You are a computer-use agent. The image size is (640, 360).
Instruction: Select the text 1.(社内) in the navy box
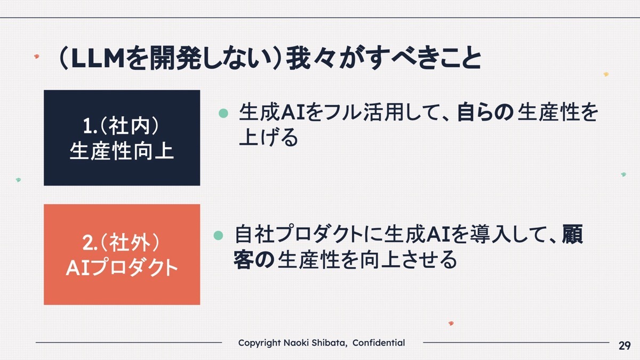pyautogui.click(x=121, y=126)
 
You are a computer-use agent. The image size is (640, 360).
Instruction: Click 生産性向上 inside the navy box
pyautogui.click(x=122, y=151)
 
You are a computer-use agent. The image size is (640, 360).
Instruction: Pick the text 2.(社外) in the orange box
pyautogui.click(x=121, y=243)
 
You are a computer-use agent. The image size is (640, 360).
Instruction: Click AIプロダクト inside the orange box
pyautogui.click(x=122, y=268)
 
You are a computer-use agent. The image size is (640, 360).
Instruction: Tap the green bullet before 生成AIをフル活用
pyautogui.click(x=223, y=113)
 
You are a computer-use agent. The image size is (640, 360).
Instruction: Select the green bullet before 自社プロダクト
pyautogui.click(x=218, y=235)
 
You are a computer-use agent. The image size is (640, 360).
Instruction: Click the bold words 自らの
pyautogui.click(x=485, y=112)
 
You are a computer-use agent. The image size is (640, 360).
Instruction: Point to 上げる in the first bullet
pyautogui.click(x=269, y=137)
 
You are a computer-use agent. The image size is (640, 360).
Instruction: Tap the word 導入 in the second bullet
pyautogui.click(x=491, y=235)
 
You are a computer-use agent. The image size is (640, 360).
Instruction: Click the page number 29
pyautogui.click(x=625, y=346)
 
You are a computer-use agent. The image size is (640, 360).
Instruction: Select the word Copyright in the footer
pyautogui.click(x=259, y=343)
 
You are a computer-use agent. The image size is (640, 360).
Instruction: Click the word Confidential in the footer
pyautogui.click(x=379, y=342)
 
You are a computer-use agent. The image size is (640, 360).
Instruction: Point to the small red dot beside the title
pyautogui.click(x=37, y=57)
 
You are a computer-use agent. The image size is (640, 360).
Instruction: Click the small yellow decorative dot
pyautogui.click(x=606, y=74)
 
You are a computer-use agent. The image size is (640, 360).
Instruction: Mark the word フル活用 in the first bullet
pyautogui.click(x=363, y=112)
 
